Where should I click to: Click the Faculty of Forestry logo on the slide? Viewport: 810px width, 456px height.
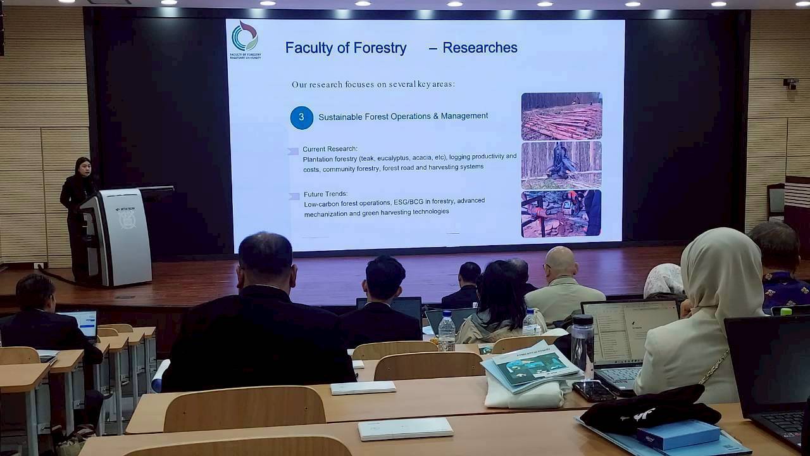point(245,37)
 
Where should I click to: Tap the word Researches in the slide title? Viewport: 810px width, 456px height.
point(480,47)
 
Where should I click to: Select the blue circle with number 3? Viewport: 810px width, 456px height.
point(302,117)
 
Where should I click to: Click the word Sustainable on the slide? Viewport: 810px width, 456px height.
point(341,117)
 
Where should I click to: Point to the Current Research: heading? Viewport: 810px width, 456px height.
point(330,149)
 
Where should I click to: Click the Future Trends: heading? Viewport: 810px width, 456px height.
point(325,194)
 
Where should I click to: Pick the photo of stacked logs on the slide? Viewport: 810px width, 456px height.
point(561,116)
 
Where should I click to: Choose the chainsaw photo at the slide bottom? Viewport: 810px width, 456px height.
point(561,213)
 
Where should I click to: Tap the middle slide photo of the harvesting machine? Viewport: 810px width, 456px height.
point(561,165)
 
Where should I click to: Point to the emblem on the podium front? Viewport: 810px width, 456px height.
point(126,219)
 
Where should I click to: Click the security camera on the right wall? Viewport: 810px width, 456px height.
point(791,83)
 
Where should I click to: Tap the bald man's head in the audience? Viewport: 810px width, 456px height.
point(561,261)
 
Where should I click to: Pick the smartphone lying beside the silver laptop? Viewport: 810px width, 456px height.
point(594,391)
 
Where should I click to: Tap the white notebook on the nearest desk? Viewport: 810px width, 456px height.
point(405,429)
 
